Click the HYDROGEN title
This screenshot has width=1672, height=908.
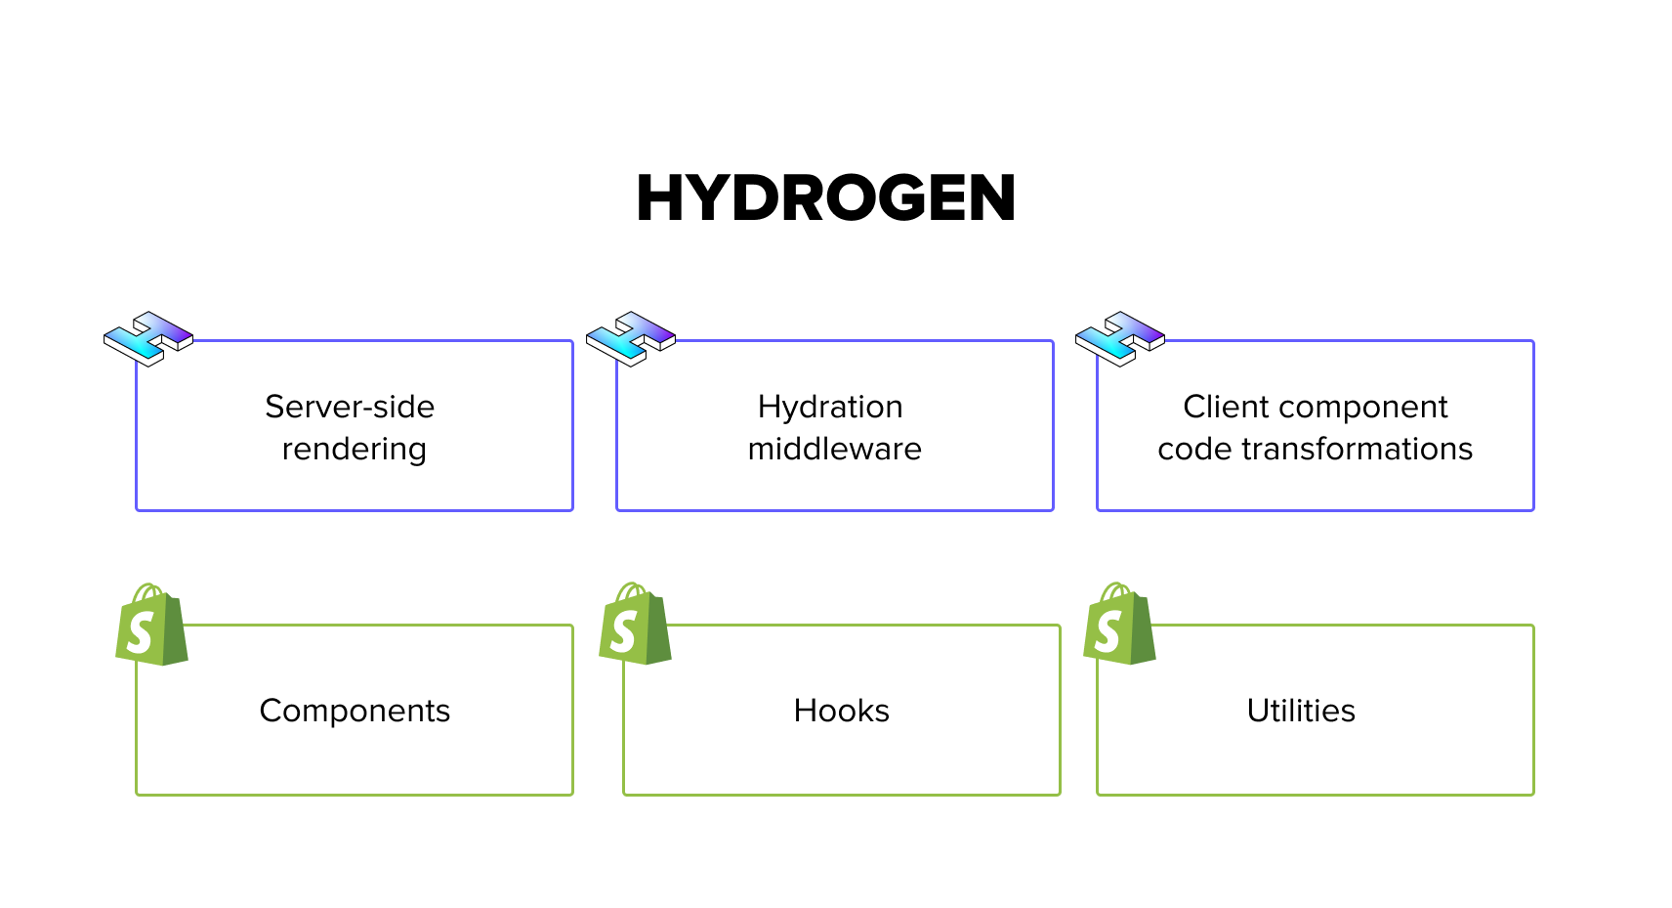point(825,198)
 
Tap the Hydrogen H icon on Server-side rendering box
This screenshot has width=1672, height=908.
point(148,339)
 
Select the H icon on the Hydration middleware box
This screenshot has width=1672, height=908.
point(630,339)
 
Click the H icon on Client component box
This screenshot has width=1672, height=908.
point(1119,339)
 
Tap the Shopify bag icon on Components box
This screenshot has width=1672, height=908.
point(151,628)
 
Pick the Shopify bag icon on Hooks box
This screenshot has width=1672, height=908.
point(635,627)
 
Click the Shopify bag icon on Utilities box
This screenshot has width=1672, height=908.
point(1119,627)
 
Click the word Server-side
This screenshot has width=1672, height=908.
point(350,407)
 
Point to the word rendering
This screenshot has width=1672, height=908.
point(354,449)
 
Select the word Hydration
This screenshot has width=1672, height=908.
point(830,407)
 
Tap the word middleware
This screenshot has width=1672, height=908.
point(834,449)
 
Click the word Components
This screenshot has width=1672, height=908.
point(355,711)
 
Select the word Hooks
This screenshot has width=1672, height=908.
point(841,711)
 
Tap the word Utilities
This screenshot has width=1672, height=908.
point(1301,711)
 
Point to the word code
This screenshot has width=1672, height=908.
point(1193,449)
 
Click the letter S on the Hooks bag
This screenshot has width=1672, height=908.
point(623,632)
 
